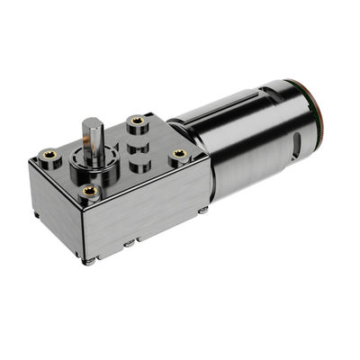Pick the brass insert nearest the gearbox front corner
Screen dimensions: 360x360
88,191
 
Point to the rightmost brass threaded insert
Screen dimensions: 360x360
179,155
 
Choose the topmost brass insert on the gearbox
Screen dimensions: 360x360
137,121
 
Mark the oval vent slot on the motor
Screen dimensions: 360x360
295,148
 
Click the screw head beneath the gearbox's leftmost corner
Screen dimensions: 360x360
35,215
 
